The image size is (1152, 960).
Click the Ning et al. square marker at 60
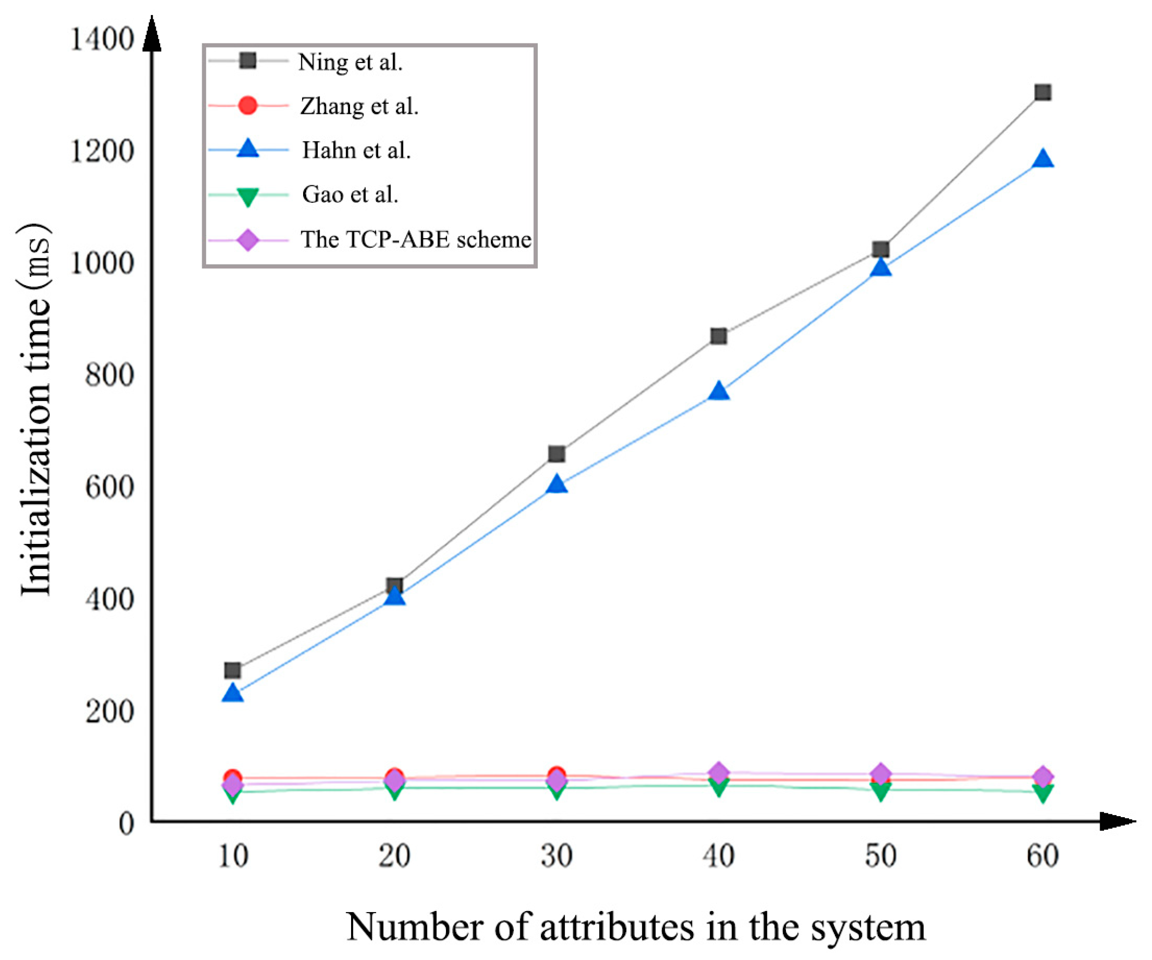(x=1042, y=92)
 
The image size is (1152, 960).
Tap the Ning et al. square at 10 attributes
(x=233, y=670)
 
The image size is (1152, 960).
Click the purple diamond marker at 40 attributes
(x=718, y=773)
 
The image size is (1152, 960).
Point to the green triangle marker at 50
(x=880, y=792)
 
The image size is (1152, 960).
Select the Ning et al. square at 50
(x=880, y=250)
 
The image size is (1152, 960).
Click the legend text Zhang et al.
(x=360, y=106)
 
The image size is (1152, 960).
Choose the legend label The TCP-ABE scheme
(x=416, y=240)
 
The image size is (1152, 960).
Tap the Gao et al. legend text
(x=350, y=194)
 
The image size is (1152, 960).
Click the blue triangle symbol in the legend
(x=248, y=149)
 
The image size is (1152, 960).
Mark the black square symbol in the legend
(x=248, y=60)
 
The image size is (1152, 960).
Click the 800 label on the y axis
(x=110, y=375)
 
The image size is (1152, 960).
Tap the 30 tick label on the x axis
(x=556, y=856)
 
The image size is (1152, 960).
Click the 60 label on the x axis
(x=1042, y=856)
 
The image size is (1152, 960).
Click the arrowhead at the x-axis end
(x=1119, y=821)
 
